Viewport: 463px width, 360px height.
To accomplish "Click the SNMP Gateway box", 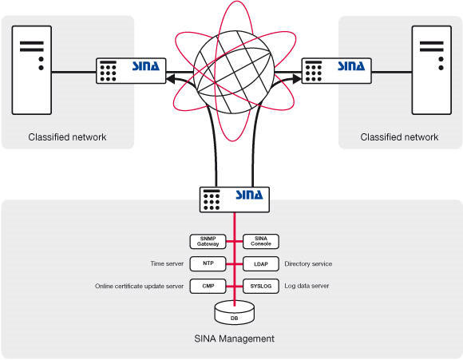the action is pos(208,241).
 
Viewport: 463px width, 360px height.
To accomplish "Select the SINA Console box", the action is pos(261,241).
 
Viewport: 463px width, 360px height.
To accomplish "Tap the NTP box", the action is pos(208,263).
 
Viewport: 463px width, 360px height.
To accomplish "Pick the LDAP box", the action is pos(261,263).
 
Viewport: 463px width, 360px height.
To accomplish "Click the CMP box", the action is pos(208,286).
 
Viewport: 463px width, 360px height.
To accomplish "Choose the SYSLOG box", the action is pos(261,286).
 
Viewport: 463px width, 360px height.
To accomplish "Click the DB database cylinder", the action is pos(234,313).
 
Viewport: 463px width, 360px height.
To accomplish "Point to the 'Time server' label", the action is pos(167,263).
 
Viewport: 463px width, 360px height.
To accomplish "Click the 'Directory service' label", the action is pos(308,263).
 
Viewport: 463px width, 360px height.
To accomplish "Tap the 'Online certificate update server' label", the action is pos(139,286).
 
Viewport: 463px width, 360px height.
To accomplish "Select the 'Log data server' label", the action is pos(307,286).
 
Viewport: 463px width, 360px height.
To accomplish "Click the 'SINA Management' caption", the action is pos(234,338).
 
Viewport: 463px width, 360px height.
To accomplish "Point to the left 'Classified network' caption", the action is pos(67,136).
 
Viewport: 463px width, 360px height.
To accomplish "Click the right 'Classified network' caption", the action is pos(399,136).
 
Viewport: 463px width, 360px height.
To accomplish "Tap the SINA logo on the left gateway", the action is pos(146,66).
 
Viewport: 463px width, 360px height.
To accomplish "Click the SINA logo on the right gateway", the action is pos(351,66).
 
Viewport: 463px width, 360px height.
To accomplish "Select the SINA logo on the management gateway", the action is pos(249,195).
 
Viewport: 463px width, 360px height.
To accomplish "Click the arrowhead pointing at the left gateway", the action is pos(171,78).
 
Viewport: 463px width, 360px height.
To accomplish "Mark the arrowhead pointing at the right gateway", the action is pos(296,78).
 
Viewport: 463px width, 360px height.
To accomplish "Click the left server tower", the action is pos(32,70).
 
